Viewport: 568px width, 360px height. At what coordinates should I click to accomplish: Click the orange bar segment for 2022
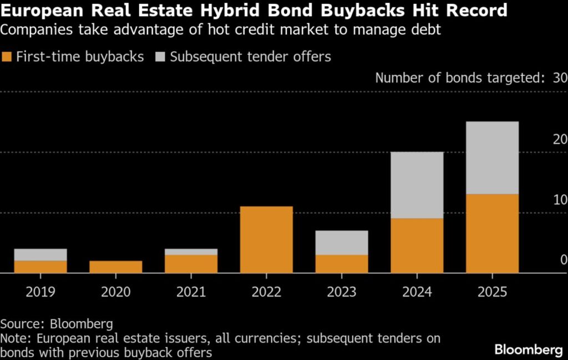tap(266, 240)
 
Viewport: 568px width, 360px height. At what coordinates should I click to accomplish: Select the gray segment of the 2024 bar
tap(417, 185)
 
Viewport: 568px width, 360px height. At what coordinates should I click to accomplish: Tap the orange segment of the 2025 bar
tap(492, 234)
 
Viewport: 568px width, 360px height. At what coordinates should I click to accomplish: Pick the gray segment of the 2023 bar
tap(342, 243)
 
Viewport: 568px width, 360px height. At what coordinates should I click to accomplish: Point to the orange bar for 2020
tap(115, 267)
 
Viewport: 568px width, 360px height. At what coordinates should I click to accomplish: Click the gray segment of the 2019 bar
tap(40, 255)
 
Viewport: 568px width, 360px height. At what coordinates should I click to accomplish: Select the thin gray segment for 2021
tap(191, 252)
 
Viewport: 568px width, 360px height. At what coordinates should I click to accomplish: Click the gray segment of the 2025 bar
tap(492, 158)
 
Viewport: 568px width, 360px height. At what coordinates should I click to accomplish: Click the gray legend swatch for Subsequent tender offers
tap(161, 57)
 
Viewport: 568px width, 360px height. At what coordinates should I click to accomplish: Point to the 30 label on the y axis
tap(560, 78)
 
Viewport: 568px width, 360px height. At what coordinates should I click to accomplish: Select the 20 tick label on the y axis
tap(560, 139)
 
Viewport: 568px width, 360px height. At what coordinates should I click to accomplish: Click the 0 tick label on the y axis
tap(563, 260)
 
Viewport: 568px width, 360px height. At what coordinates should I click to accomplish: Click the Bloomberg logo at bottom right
tap(528, 349)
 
